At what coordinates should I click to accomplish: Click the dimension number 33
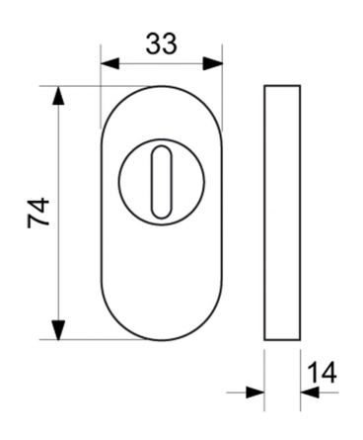click(161, 44)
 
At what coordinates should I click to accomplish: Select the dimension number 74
click(38, 213)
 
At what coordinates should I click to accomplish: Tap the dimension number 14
click(322, 373)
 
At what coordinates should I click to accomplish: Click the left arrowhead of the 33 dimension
click(109, 63)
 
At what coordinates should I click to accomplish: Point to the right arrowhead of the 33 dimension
click(213, 63)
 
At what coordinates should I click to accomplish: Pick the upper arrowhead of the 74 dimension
click(58, 96)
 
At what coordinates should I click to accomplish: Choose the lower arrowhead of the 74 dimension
click(58, 330)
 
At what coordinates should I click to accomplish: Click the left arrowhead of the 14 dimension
click(255, 393)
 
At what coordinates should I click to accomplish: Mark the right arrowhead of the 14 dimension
click(310, 393)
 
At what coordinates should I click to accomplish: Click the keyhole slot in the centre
click(161, 182)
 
